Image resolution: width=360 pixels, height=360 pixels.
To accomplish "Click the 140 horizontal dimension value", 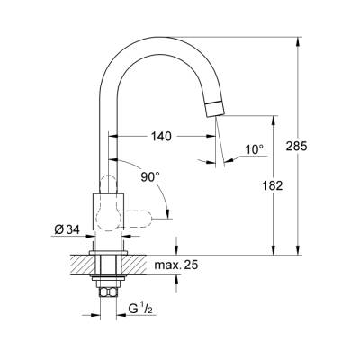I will pos(162,137).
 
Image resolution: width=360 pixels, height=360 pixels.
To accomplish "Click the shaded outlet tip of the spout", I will pos(212,110).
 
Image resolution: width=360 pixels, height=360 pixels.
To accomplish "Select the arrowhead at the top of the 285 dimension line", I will pos(299,40).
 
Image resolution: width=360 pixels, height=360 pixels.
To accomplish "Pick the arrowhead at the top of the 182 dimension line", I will pos(273,118).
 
